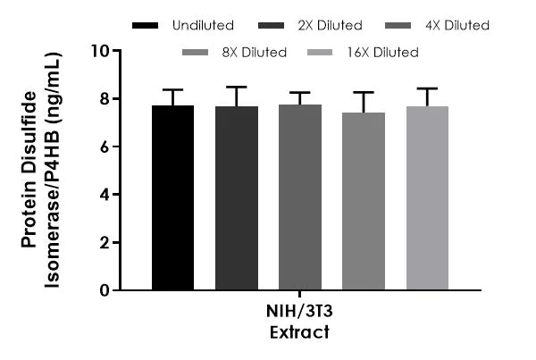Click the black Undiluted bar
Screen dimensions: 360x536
pos(172,197)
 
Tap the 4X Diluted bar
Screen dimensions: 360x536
pos(299,197)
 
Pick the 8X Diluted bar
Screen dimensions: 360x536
pos(364,201)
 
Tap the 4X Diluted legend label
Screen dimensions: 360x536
pos(455,25)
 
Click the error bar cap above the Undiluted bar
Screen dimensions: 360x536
pos(172,89)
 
